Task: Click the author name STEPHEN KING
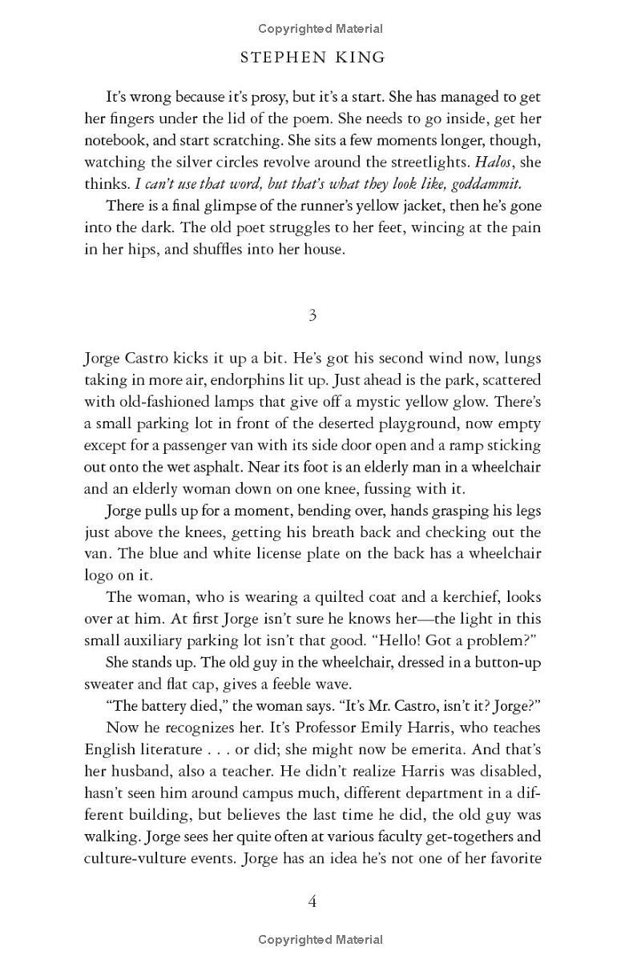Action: click(x=312, y=58)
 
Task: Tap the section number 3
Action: click(x=312, y=315)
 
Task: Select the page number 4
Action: click(x=312, y=901)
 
